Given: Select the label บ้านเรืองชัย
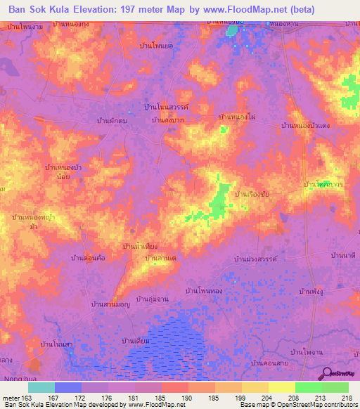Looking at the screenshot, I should point(253,192).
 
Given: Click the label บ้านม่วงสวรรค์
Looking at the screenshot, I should point(256,259).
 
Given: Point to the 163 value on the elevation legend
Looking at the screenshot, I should point(27,398).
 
